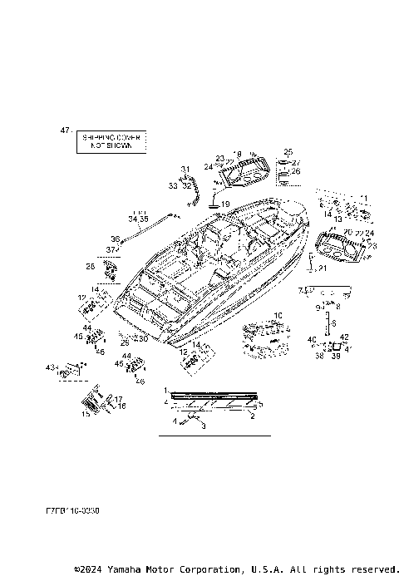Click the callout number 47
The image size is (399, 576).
(x=65, y=131)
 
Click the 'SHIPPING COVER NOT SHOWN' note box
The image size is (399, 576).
(x=111, y=140)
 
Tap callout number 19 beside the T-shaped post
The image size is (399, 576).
(x=225, y=204)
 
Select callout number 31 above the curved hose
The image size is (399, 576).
(x=185, y=169)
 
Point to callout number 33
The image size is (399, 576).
(x=172, y=186)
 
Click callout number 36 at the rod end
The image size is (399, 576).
(x=116, y=239)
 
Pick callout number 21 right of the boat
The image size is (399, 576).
(x=323, y=268)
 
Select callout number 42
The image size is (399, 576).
(x=343, y=337)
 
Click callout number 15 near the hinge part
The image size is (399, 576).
(x=86, y=412)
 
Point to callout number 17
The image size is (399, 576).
(x=119, y=399)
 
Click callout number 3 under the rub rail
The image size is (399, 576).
(x=202, y=426)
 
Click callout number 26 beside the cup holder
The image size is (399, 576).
(x=295, y=171)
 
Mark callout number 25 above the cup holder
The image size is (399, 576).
(x=288, y=151)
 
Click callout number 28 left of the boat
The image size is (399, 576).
(x=90, y=266)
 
